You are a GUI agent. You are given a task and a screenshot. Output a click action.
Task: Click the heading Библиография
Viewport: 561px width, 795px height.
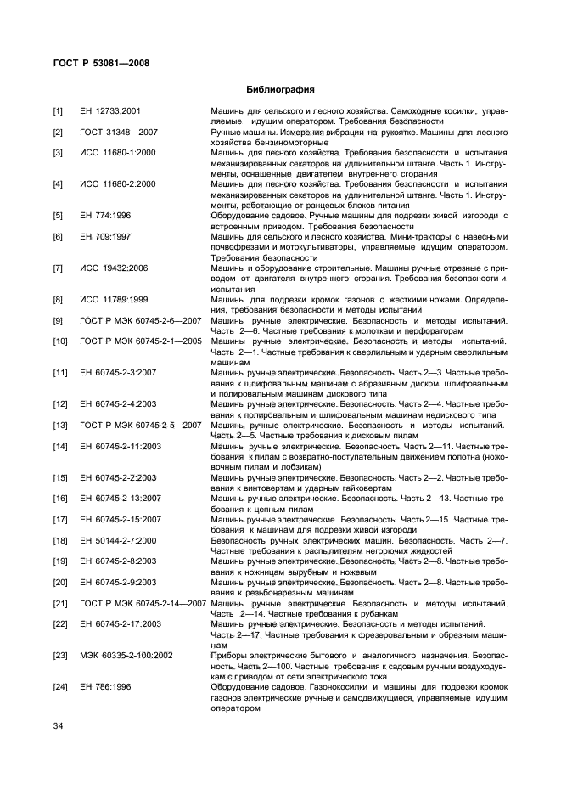point(280,89)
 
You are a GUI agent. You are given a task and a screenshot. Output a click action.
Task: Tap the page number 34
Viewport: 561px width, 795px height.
point(58,725)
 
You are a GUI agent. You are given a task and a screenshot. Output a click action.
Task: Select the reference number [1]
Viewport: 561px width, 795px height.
point(58,111)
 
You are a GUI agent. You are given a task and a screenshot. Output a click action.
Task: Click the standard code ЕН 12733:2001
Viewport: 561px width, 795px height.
point(110,111)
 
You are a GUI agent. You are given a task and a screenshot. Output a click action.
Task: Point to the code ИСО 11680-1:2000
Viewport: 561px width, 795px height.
point(117,153)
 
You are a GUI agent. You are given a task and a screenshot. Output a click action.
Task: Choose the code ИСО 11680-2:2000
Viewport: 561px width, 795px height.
point(117,184)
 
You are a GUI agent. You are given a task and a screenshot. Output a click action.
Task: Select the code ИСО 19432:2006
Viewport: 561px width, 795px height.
point(114,268)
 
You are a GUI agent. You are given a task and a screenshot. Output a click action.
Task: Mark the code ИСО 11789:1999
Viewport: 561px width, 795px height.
point(114,300)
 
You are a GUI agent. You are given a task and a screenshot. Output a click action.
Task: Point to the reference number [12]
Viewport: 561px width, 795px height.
point(59,404)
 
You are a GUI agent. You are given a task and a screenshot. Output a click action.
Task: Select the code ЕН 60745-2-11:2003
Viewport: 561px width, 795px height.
point(121,446)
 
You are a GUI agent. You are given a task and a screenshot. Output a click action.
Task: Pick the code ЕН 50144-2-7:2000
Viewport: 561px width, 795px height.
point(118,540)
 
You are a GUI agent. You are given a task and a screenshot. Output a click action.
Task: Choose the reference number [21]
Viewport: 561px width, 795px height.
point(59,603)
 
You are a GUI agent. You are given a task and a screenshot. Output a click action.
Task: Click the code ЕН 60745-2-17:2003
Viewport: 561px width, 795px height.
point(121,624)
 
